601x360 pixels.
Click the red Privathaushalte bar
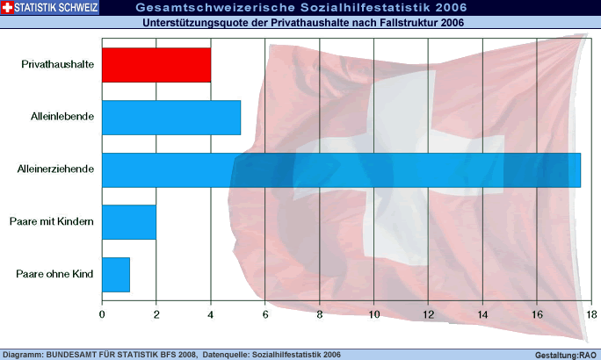pos(156,65)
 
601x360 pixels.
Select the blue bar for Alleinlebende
pos(171,118)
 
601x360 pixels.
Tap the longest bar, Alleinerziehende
pos(341,169)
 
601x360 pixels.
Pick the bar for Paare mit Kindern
pos(129,222)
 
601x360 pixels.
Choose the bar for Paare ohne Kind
pos(116,274)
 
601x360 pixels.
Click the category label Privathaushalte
pos(57,65)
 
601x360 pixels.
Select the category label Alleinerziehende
pos(54,169)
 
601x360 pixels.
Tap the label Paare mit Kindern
pos(57,222)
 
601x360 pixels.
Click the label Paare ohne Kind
pos(55,274)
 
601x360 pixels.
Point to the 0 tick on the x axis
pos(102,314)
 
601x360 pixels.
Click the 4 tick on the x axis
pos(211,314)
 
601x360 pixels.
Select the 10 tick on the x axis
pos(374,314)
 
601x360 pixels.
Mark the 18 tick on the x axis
pos(591,314)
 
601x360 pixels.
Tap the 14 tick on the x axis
pos(483,314)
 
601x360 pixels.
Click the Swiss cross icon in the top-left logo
pos(7,8)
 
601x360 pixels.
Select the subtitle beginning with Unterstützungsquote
pos(303,23)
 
